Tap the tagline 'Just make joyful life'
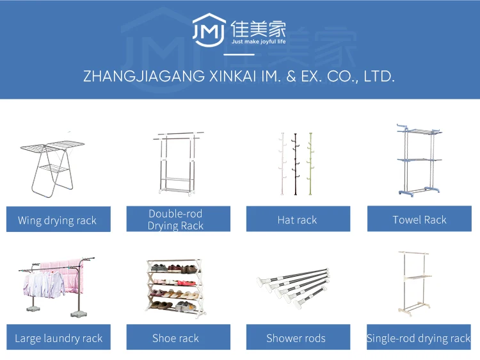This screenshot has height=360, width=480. coord(253,40)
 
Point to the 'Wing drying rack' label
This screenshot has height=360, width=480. coord(58,220)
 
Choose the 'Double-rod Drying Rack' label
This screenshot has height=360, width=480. coord(177,219)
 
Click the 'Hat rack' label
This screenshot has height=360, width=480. coord(298,220)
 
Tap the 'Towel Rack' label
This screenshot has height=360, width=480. coord(419,219)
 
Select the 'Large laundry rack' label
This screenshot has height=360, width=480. coord(58,338)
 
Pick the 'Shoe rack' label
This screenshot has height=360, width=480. coord(176,338)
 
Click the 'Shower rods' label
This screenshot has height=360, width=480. coord(296,338)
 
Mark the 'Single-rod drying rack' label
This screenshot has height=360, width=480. coord(419,338)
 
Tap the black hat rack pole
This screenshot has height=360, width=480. coord(296,163)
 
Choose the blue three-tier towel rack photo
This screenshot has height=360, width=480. coord(418,160)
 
